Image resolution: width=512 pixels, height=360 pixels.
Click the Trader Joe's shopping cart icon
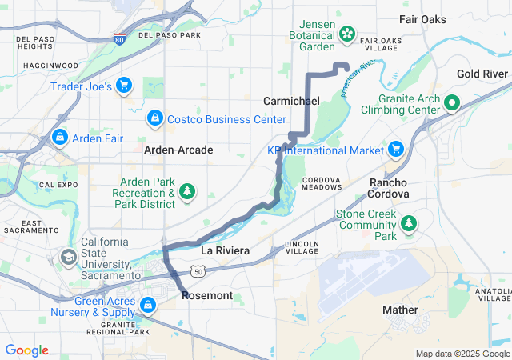tap(124, 86)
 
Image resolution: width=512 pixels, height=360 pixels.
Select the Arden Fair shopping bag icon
tap(59, 138)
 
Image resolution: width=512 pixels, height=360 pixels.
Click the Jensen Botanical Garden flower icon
tap(347, 33)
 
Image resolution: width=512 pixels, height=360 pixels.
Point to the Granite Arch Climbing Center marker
tap(451, 102)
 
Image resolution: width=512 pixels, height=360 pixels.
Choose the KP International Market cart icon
tap(395, 150)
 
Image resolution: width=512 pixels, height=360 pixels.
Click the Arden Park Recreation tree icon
tap(187, 191)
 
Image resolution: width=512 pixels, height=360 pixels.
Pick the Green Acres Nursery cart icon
tap(147, 304)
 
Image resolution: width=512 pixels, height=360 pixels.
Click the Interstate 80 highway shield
tap(118, 38)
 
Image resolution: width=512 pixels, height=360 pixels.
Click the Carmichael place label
tap(291, 101)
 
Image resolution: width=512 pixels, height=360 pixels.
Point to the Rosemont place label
tap(207, 295)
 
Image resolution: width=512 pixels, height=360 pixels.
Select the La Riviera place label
tap(225, 250)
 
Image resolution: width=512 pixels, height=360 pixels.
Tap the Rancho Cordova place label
tap(389, 188)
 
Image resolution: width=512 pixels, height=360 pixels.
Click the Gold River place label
tap(482, 74)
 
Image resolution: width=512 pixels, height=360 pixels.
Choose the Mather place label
tap(400, 310)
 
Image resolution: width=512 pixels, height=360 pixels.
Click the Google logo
tap(27, 350)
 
